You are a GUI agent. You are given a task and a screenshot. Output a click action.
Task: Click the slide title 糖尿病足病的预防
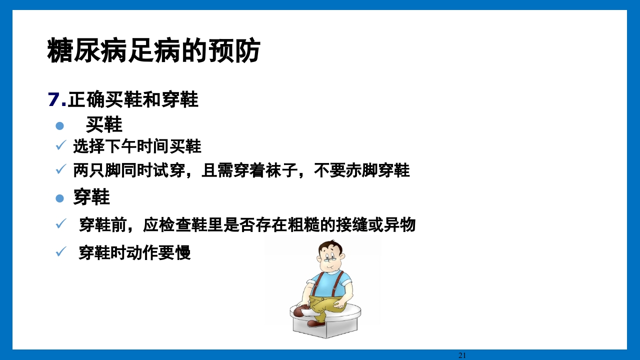coord(153,50)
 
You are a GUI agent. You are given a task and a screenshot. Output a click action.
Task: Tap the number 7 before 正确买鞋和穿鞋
coord(53,99)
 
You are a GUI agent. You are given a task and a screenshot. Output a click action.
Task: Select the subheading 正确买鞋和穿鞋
coord(133,99)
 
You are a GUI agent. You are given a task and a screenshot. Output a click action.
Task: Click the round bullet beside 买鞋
coord(60,125)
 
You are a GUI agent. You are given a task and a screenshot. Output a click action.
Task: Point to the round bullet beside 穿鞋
coord(60,198)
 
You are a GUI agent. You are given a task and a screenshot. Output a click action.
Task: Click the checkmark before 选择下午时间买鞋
coord(60,146)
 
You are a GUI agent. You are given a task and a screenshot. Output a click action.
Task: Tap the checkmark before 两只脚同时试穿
coord(60,170)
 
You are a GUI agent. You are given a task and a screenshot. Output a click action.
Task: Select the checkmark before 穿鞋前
coord(60,224)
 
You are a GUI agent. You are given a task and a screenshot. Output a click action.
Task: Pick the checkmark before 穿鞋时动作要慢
coord(60,252)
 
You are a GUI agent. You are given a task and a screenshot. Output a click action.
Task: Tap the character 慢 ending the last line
coord(183,253)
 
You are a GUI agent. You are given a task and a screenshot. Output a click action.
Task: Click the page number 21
coord(462,355)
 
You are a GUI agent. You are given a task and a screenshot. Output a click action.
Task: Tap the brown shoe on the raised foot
coord(301,311)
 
